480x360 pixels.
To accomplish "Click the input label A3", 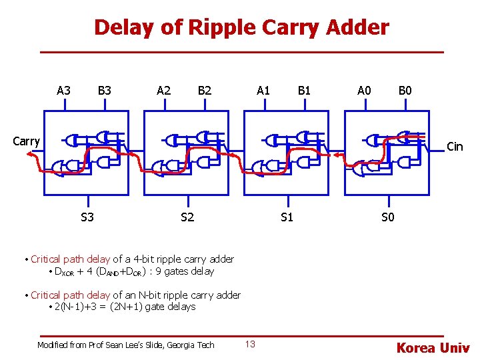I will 64,90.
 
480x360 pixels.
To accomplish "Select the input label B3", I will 104,90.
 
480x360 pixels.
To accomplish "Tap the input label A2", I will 163,90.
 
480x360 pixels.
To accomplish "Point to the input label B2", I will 204,90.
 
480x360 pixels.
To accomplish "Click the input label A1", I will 263,90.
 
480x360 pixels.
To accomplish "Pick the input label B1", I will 304,90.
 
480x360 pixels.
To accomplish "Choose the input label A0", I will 364,90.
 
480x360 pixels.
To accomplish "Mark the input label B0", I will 405,90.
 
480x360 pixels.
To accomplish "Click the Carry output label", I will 27,141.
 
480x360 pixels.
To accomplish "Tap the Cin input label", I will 455,147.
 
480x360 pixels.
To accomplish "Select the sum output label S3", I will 87,217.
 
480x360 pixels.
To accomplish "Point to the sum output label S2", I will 187,217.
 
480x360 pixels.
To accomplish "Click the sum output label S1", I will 287,217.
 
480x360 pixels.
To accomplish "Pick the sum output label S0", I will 387,217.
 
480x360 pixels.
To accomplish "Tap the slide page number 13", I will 250,344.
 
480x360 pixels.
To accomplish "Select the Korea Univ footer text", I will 433,347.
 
